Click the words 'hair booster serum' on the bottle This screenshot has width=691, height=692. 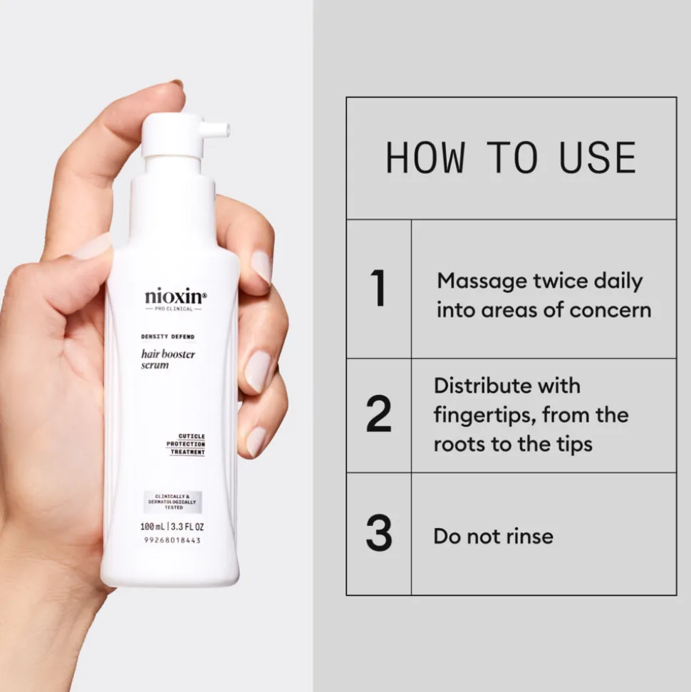coord(168,359)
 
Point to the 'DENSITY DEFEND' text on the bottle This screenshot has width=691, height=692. coord(167,336)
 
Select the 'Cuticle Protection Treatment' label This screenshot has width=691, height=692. coord(186,444)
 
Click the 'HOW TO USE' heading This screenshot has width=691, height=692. coord(510,158)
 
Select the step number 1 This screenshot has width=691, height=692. coord(378,289)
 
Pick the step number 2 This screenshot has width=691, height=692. coord(378,415)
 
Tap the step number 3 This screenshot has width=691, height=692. coord(378,534)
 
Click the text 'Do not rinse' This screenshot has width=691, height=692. coord(493,536)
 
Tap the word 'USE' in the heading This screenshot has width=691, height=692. coord(597,158)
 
